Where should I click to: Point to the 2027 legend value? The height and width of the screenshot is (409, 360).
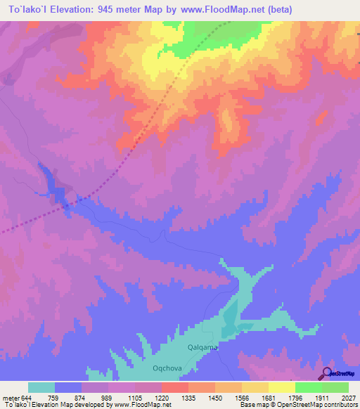[340, 398]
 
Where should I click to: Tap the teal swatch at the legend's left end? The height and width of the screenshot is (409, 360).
[41, 387]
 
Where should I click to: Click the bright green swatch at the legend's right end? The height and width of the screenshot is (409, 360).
[335, 387]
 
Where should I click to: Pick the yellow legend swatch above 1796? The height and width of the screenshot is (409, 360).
[281, 387]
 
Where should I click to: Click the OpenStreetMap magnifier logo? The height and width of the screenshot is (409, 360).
[326, 372]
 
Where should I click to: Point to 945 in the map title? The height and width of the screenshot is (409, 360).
[118, 9]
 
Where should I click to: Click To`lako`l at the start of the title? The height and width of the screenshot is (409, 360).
[25, 9]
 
